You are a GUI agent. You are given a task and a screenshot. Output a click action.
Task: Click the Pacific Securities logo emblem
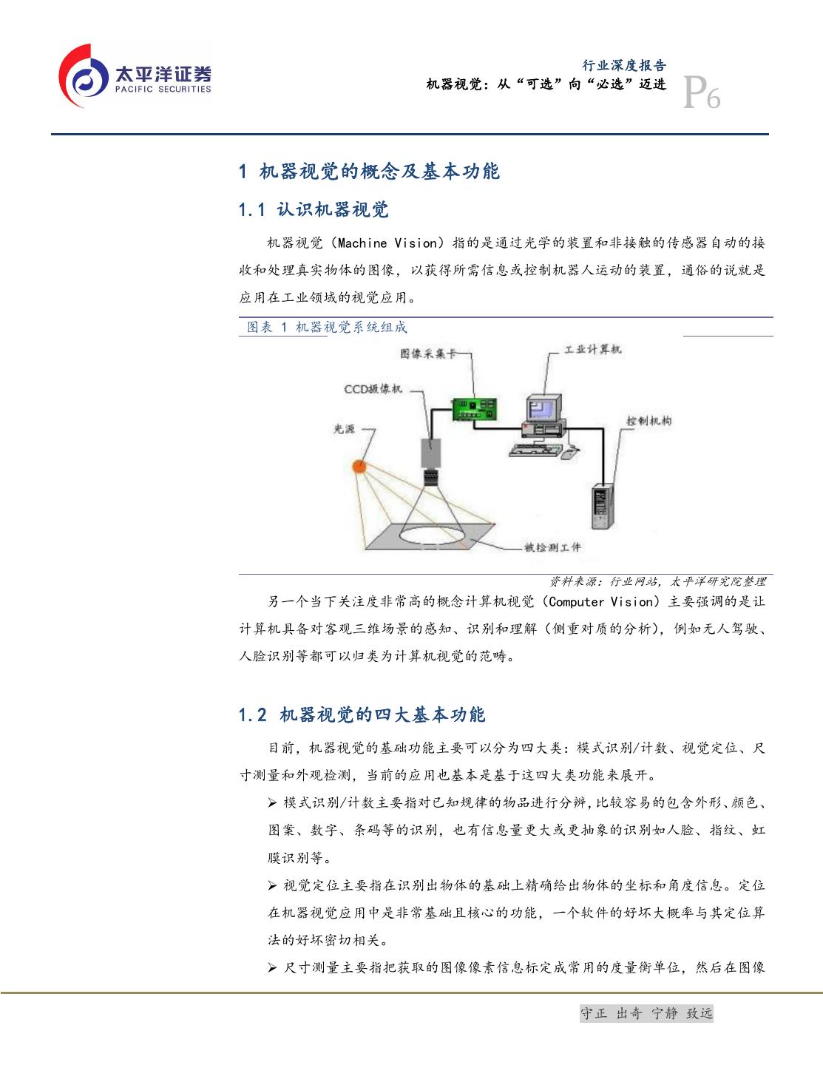tap(84, 76)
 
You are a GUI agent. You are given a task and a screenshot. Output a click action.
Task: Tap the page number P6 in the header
tap(702, 93)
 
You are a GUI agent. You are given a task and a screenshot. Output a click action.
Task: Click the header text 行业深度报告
tap(624, 65)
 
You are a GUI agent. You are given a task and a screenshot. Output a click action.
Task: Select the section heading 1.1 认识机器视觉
tap(314, 210)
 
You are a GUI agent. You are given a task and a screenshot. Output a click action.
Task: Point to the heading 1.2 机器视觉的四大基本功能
tap(362, 714)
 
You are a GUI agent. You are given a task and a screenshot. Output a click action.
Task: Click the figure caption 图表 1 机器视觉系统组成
tap(327, 327)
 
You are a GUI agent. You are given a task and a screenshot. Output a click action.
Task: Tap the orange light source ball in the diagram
tap(359, 467)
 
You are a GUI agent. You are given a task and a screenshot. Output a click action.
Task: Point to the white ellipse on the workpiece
tap(432, 535)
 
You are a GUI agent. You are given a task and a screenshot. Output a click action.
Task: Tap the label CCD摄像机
tap(373, 389)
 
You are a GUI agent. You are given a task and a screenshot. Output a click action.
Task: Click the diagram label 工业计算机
tap(593, 349)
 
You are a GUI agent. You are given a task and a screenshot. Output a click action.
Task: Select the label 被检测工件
tap(552, 547)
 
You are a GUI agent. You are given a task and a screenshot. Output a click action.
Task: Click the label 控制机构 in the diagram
tap(648, 421)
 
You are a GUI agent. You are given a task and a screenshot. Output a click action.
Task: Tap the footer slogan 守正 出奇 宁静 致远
tap(646, 1013)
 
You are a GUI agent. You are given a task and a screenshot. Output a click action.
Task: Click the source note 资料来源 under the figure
tap(657, 582)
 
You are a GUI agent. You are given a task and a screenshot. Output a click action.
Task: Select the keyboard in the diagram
tap(534, 450)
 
